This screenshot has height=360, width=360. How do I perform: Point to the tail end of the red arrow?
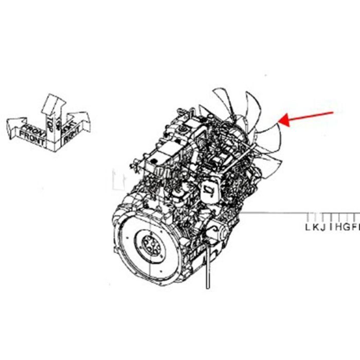pyautogui.click(x=333, y=112)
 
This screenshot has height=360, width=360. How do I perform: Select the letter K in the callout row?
pyautogui.click(x=315, y=227)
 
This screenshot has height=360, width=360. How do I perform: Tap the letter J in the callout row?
pyautogui.click(x=322, y=227)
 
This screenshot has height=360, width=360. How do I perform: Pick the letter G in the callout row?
pyautogui.click(x=345, y=227)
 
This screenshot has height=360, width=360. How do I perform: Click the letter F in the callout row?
pyautogui.click(x=353, y=227)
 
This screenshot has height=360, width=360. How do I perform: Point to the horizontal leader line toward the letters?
pyautogui.click(x=278, y=212)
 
